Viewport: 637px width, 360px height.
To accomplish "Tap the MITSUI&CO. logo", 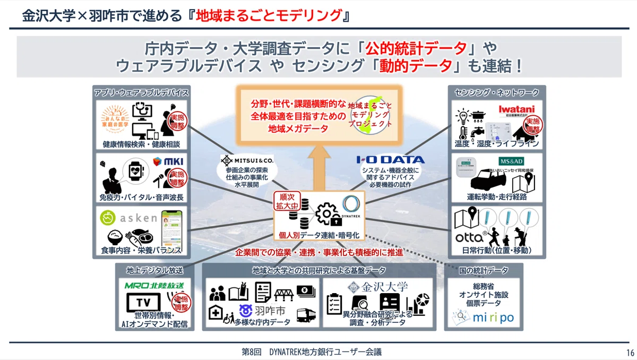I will click(x=247, y=159).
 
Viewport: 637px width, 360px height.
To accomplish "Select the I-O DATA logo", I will click(x=390, y=159).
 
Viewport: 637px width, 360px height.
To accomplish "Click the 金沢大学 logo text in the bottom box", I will click(x=377, y=287).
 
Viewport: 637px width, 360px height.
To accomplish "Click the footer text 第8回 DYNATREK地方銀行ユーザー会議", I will click(x=312, y=352).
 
